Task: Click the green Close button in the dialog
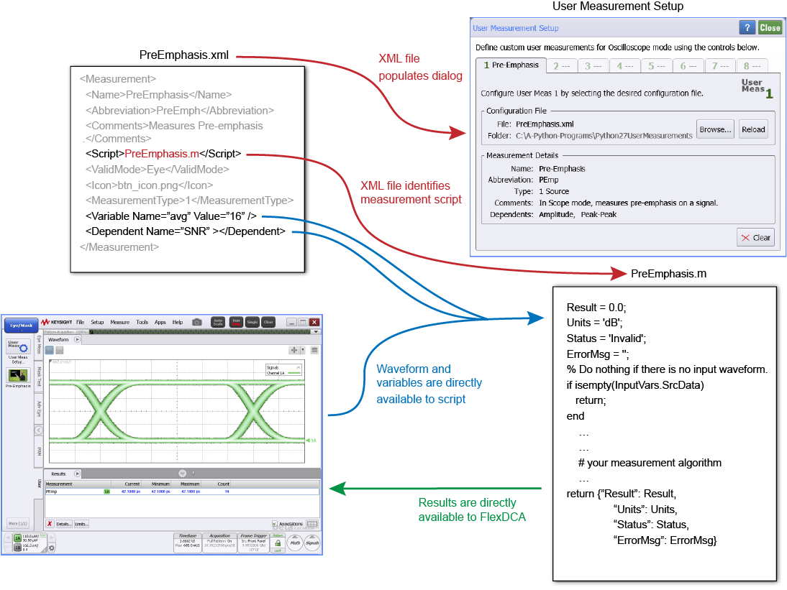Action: pos(770,28)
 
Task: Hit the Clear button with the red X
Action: pos(755,238)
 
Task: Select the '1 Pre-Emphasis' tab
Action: pos(511,65)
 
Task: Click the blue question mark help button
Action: pos(747,28)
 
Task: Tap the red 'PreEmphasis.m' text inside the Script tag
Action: pos(162,153)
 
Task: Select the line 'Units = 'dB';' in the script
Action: pos(594,321)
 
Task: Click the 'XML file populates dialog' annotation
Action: pos(420,67)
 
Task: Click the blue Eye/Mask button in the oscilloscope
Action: pos(21,325)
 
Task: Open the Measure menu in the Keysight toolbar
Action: pos(119,323)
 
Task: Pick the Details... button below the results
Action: pos(64,524)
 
